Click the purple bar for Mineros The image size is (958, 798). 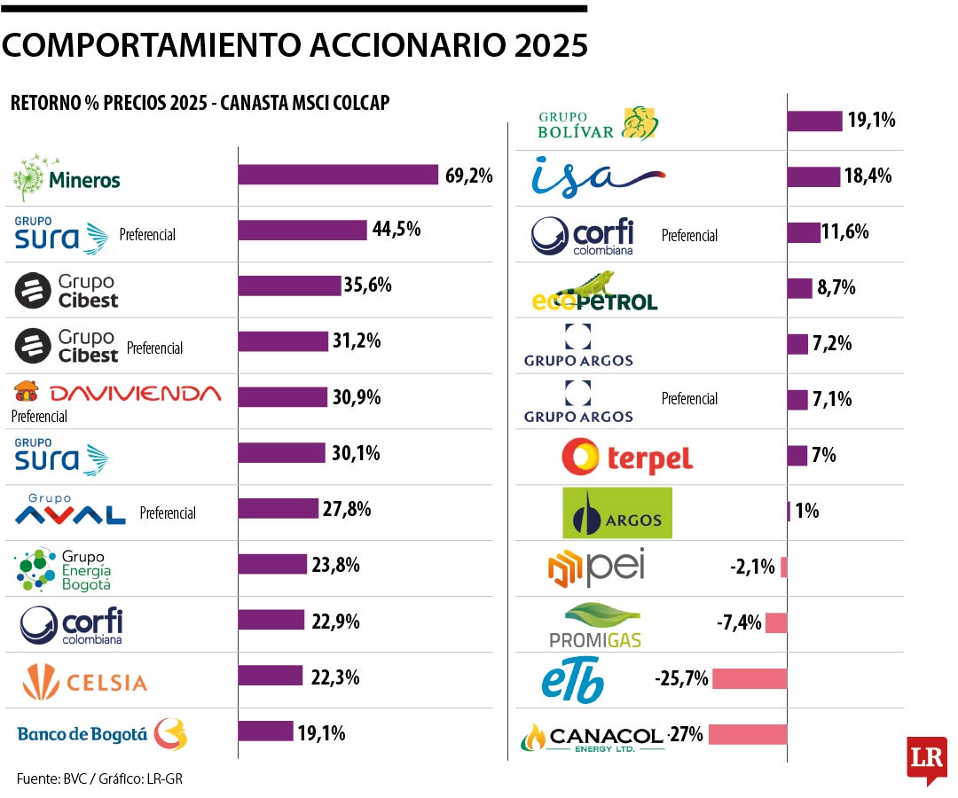[338, 175]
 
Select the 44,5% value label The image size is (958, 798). [397, 230]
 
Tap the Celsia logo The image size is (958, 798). [85, 682]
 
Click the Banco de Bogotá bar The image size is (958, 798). [265, 731]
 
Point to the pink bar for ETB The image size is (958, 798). [749, 679]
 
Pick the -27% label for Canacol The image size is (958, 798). [685, 734]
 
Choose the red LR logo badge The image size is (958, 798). [926, 759]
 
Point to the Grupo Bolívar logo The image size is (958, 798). [599, 124]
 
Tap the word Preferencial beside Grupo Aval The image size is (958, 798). [168, 512]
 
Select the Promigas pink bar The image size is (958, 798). [775, 623]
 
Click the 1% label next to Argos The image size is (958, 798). [806, 511]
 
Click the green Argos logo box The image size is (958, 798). [617, 513]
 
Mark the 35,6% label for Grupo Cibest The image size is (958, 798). [370, 286]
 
